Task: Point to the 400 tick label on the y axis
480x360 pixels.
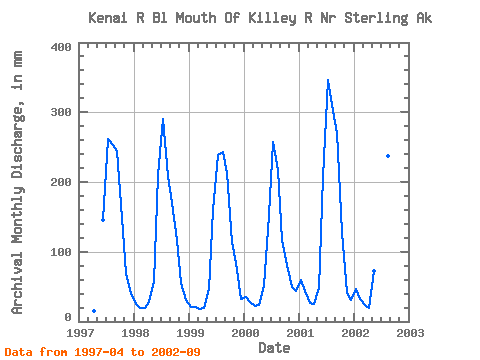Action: [61, 47]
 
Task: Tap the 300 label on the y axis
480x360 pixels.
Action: [61, 112]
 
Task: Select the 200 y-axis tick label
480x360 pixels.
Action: [61, 182]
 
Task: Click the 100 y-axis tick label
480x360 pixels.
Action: [61, 252]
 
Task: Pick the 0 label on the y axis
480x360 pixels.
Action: [68, 317]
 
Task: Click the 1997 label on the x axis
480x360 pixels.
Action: [80, 333]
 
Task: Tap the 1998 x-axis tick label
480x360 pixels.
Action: [135, 333]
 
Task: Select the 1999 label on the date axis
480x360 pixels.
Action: [190, 333]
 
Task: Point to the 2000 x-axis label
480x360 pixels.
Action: [245, 333]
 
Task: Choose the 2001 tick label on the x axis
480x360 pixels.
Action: [300, 333]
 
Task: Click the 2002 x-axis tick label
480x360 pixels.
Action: [355, 333]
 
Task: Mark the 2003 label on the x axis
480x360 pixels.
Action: [410, 333]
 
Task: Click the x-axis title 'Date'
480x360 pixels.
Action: [274, 348]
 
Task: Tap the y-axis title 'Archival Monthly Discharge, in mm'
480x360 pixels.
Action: [17, 182]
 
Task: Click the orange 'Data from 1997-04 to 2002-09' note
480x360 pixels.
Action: [102, 352]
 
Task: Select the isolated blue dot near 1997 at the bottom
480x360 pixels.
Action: [94, 311]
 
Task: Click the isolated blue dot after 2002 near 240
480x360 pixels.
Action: [388, 156]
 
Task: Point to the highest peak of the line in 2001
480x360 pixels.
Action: [328, 80]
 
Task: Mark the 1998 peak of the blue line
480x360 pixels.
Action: [163, 119]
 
